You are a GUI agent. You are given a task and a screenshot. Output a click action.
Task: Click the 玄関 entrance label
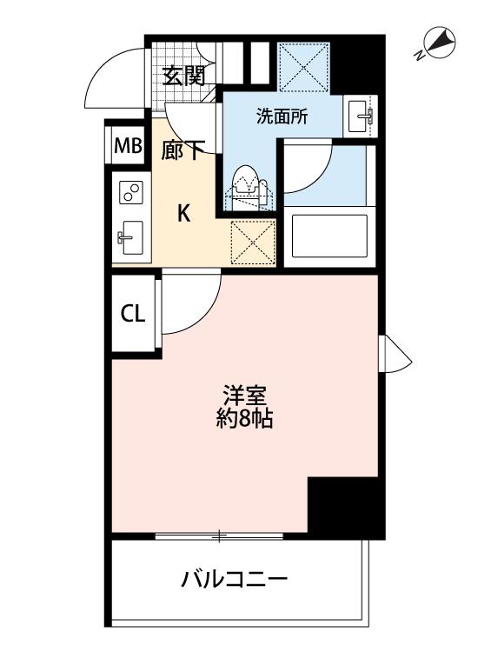click(183, 77)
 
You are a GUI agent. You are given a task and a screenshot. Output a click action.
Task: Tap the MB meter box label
click(129, 146)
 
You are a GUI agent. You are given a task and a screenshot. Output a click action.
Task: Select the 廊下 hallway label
click(183, 150)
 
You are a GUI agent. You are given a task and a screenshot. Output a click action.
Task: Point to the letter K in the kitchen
click(184, 214)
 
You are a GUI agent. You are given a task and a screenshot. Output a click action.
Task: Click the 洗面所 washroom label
click(282, 116)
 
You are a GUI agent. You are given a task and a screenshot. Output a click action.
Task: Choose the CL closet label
click(133, 314)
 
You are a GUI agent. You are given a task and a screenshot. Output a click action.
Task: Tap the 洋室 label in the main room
click(244, 395)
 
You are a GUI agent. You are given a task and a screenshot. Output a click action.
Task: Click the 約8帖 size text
click(244, 418)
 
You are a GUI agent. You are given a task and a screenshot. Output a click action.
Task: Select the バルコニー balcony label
click(235, 579)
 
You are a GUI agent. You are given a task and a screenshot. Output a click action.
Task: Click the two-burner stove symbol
click(131, 192)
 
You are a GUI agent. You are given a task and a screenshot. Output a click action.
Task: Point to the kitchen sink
click(130, 238)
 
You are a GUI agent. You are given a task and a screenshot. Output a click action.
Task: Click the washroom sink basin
click(361, 116)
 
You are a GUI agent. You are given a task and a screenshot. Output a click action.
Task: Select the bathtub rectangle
click(329, 236)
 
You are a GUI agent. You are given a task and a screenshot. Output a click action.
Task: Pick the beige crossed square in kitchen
click(253, 243)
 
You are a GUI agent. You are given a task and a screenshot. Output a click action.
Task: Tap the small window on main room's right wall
click(395, 354)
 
